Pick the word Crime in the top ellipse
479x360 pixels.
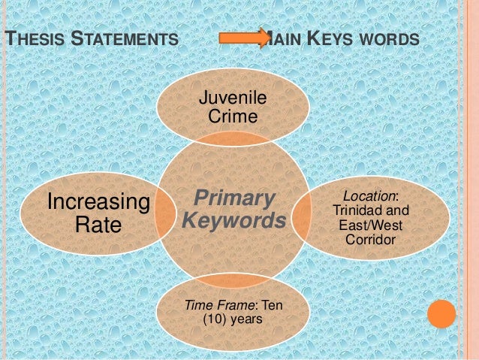(233, 116)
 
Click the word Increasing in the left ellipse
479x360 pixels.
(98, 201)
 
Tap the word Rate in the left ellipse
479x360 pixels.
(98, 225)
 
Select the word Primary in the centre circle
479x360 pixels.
(232, 198)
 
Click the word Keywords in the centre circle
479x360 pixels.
(233, 222)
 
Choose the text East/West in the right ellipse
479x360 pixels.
(370, 225)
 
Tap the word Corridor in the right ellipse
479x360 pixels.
(370, 240)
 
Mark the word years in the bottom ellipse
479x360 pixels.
(247, 320)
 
